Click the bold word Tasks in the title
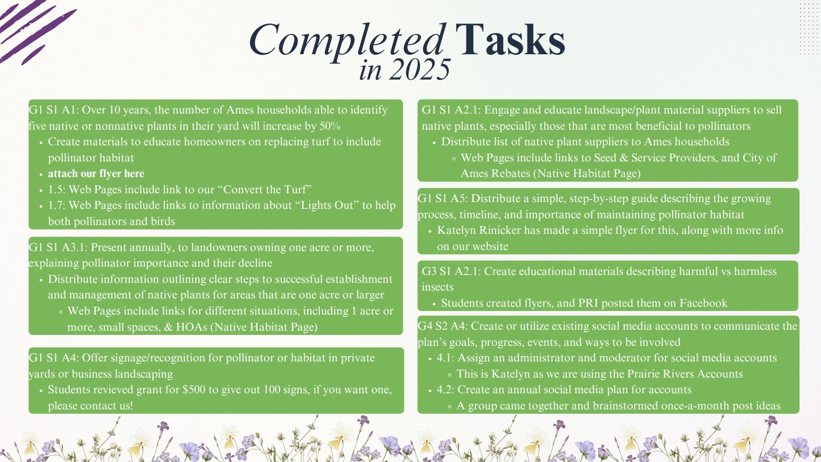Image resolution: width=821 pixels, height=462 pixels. pyautogui.click(x=510, y=39)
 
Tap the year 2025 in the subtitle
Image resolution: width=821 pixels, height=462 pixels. pyautogui.click(x=419, y=69)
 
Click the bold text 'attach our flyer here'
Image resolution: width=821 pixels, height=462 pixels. pyautogui.click(x=96, y=173)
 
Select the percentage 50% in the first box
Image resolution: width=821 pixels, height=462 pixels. pyautogui.click(x=330, y=126)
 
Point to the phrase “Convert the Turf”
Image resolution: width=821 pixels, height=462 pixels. pyautogui.click(x=267, y=189)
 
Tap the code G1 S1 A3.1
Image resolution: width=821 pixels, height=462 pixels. pyautogui.click(x=58, y=247)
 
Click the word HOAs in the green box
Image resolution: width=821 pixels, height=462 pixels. pyautogui.click(x=192, y=327)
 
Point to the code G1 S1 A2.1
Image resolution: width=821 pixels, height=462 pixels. pyautogui.click(x=451, y=109)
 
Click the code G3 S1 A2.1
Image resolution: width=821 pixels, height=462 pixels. pyautogui.click(x=451, y=271)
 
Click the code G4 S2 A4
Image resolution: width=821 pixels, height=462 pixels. pyautogui.click(x=443, y=326)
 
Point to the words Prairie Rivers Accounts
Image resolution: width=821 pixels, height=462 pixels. pyautogui.click(x=685, y=373)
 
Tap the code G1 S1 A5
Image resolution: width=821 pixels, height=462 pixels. pyautogui.click(x=443, y=198)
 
